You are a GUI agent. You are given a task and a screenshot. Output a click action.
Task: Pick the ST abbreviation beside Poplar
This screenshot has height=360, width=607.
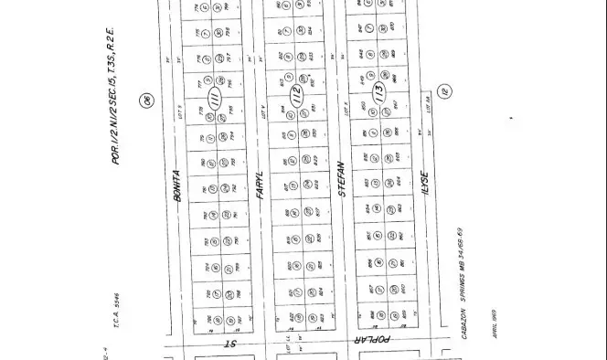pos(230,344)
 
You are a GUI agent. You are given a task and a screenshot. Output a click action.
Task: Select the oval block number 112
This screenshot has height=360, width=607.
pos(295,96)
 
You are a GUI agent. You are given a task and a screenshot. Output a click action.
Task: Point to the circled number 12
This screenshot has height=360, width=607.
pos(445,91)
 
